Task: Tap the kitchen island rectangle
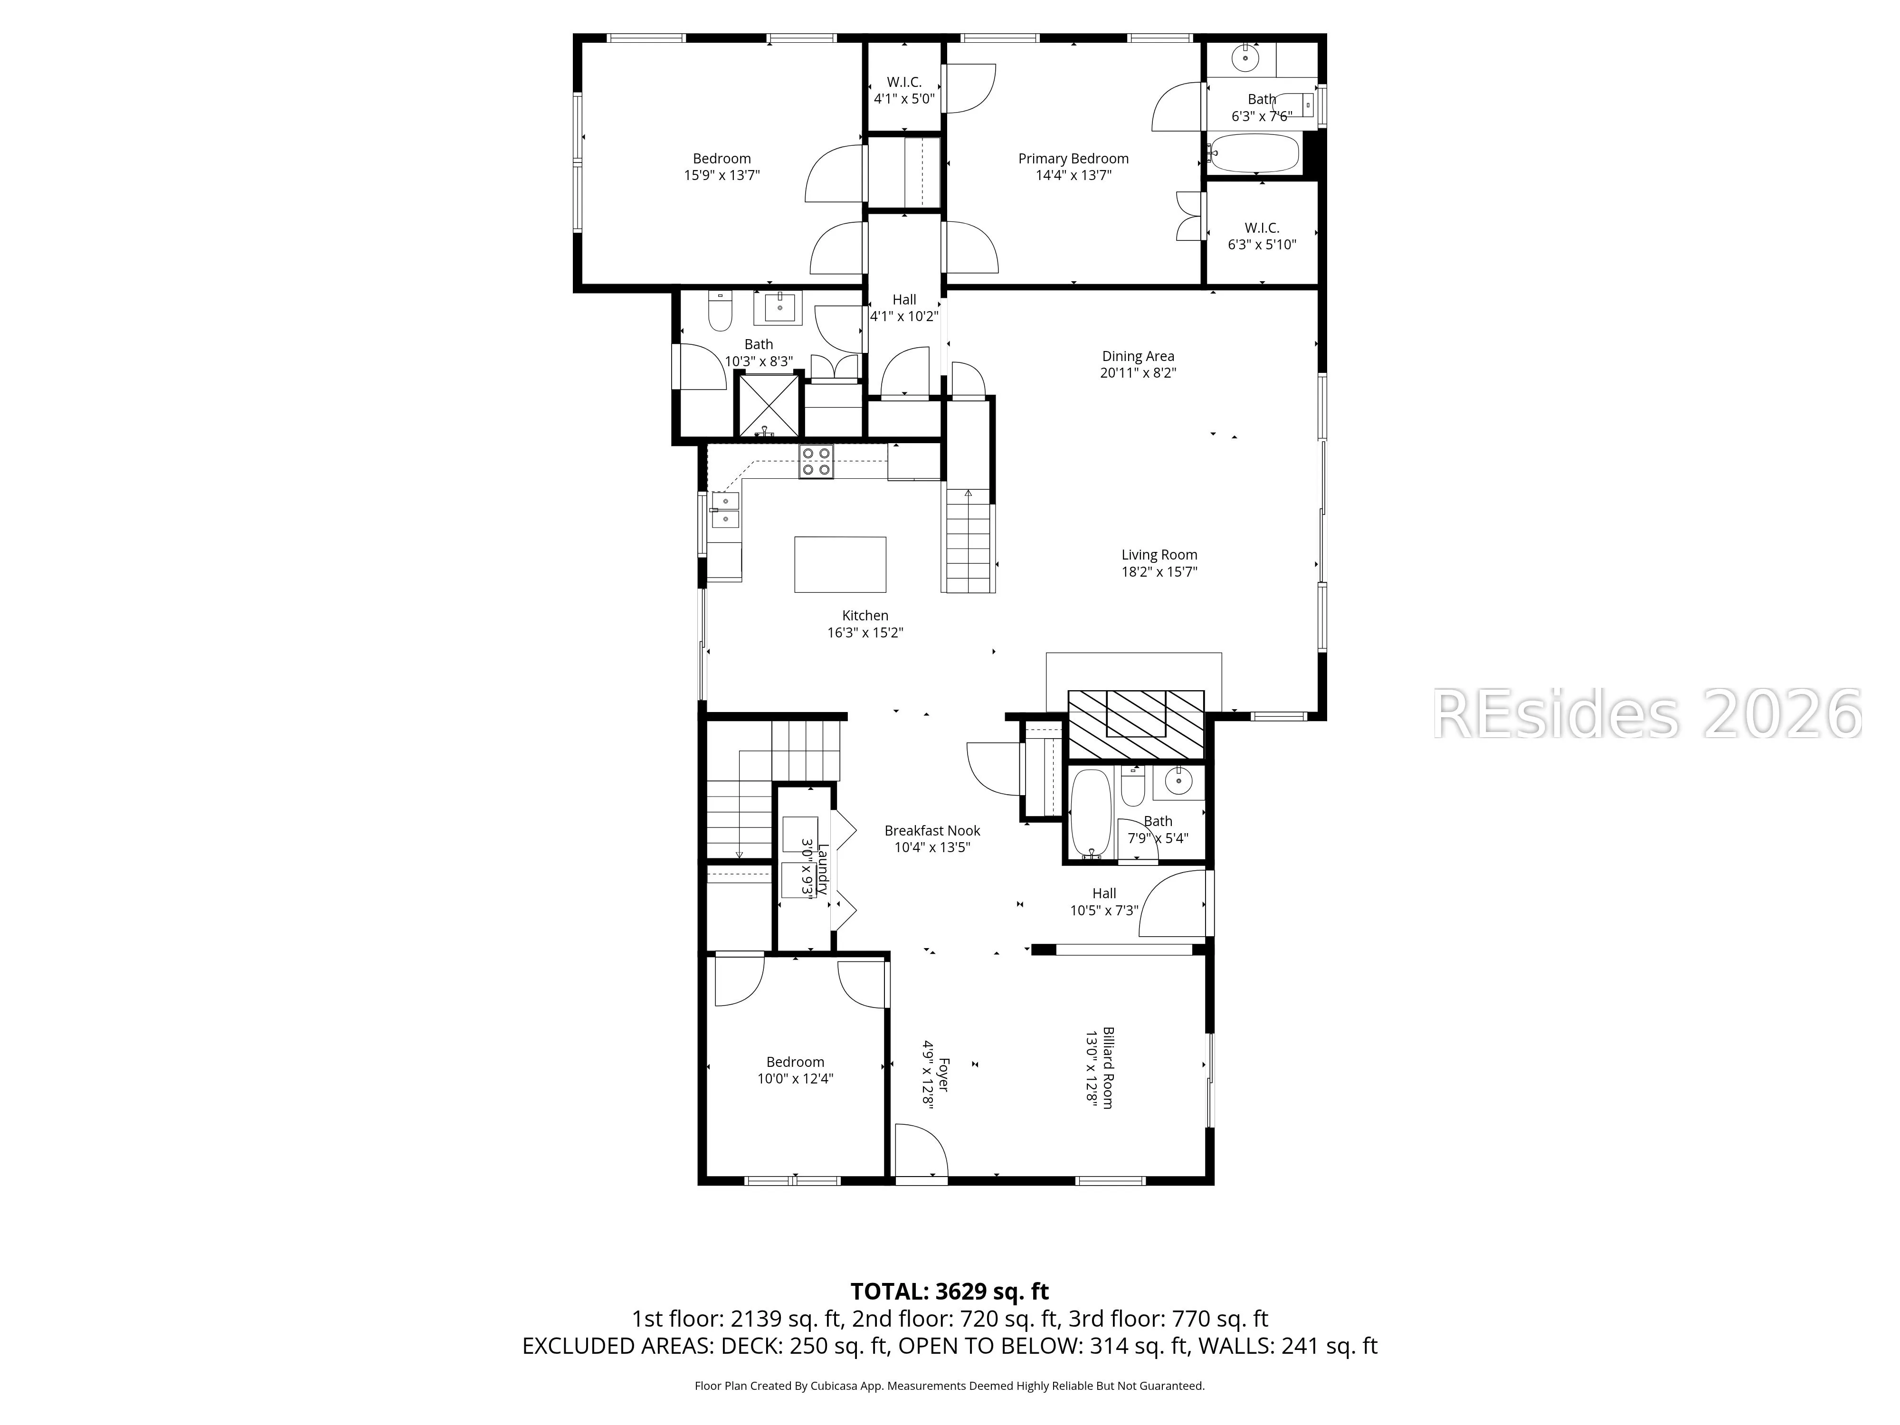840,564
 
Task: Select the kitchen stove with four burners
816,461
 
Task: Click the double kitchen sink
726,509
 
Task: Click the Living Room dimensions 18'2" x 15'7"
1159,572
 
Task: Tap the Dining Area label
1138,356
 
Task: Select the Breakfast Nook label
932,831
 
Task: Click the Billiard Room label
1109,1068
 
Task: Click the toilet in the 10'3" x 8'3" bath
719,311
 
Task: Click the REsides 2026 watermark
1647,714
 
